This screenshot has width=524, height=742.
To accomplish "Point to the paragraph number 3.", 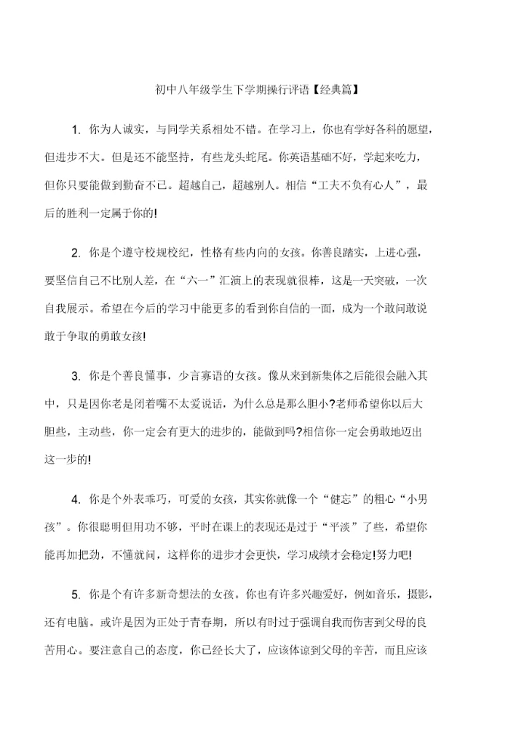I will (x=75, y=376).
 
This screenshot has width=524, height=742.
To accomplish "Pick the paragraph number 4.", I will (x=75, y=499).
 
